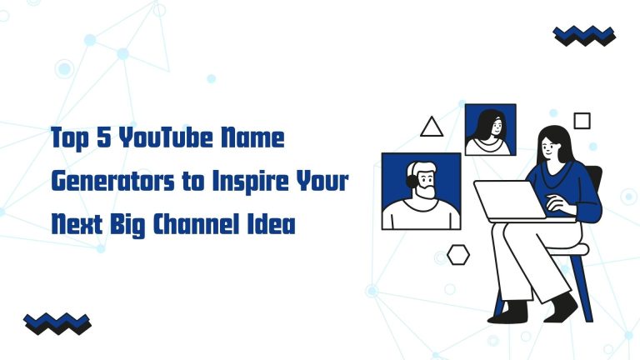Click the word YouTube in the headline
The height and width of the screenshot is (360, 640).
pos(166,137)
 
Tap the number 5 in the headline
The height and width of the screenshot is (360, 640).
pos(104,137)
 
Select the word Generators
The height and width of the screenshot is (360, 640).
pos(113,181)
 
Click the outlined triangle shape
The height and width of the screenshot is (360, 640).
pos(432,127)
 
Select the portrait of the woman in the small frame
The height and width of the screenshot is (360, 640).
pos(490,130)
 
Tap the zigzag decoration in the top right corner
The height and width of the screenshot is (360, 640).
pos(584,36)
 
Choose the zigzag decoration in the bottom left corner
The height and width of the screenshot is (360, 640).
pos(57,323)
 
